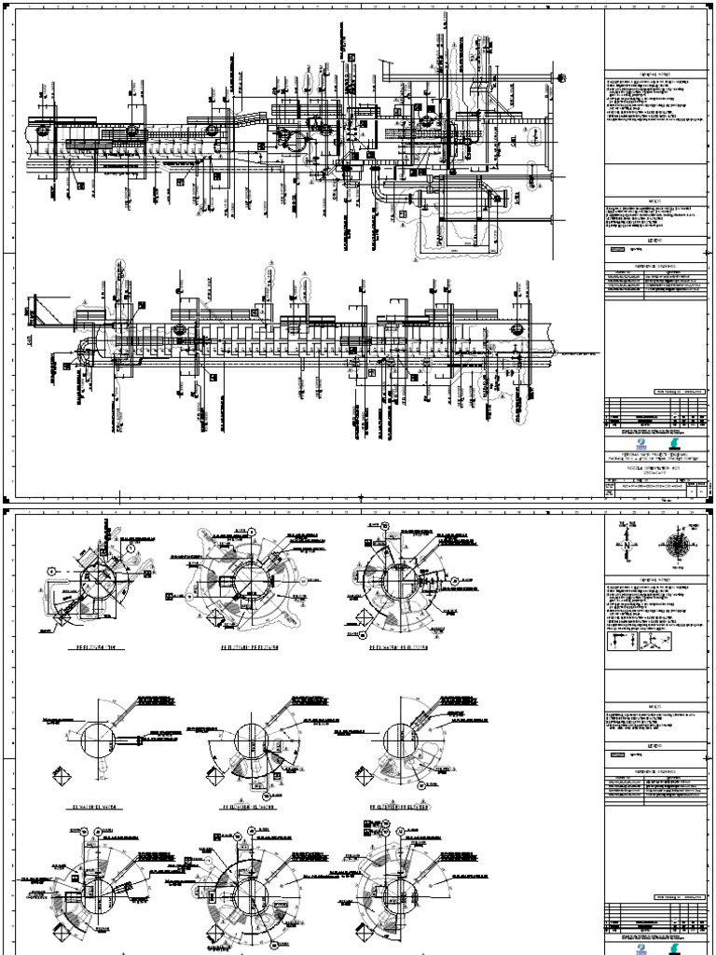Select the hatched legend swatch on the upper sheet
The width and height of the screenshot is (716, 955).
616,250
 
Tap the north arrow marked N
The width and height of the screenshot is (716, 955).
624,544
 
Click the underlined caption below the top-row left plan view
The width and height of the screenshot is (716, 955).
98,644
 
